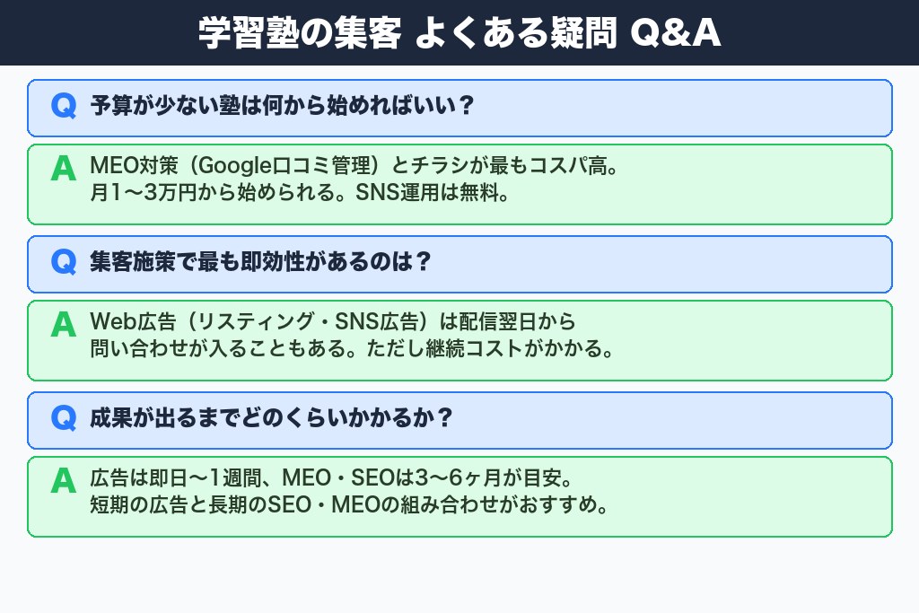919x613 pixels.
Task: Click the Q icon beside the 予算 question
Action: pos(64,106)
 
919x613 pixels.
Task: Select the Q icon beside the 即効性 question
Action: pos(64,262)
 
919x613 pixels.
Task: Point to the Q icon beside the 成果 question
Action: pos(64,418)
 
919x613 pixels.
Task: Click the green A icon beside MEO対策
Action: pos(63,168)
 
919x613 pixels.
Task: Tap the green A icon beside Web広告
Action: pos(63,324)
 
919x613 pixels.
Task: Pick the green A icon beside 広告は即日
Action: pos(63,480)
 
